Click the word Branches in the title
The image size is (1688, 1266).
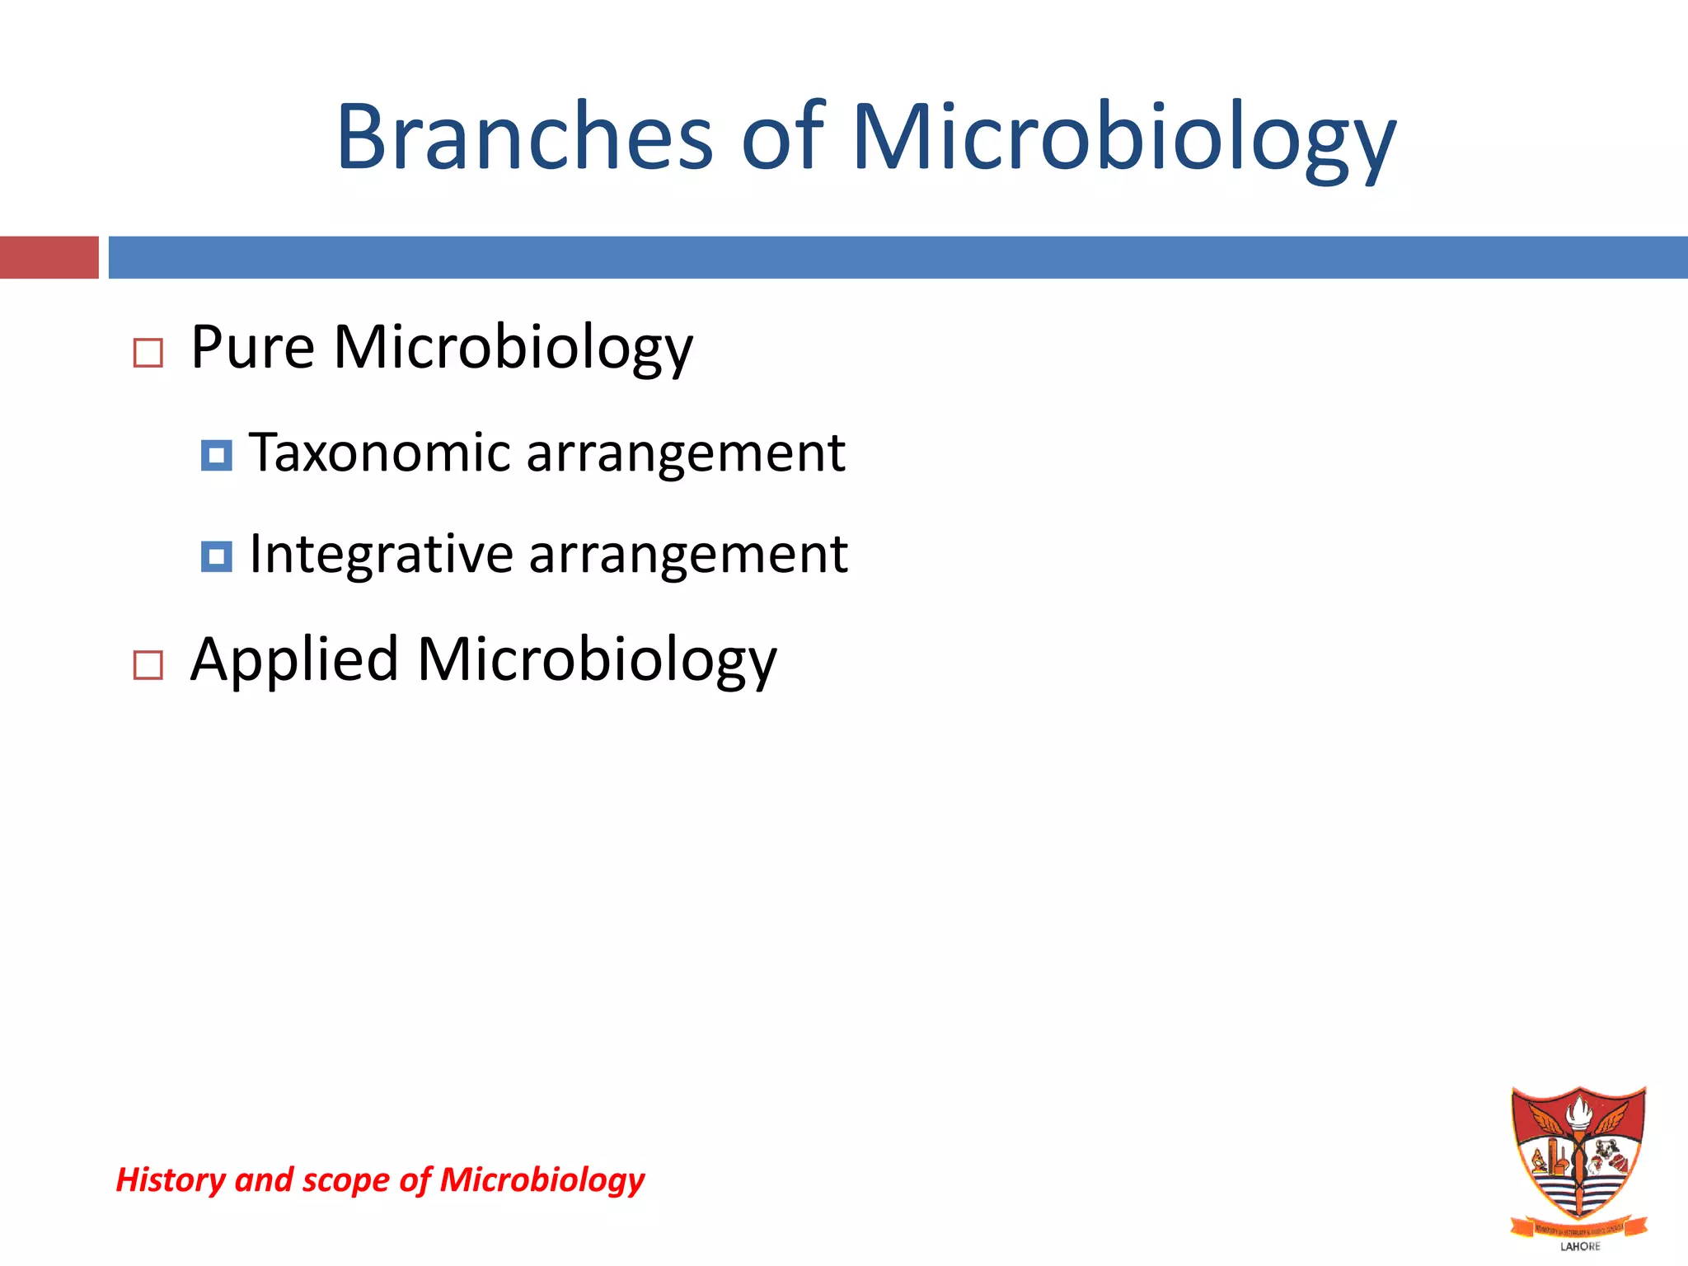[524, 137]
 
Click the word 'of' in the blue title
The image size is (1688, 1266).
[782, 137]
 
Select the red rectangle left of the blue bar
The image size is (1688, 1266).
[49, 257]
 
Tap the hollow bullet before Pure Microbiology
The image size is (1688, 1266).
[148, 353]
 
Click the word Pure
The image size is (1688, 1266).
[252, 347]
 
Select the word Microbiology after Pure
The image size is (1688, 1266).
[513, 347]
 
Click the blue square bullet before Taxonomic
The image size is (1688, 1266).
[216, 455]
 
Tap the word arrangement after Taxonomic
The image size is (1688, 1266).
[686, 452]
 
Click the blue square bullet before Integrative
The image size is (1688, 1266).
[216, 556]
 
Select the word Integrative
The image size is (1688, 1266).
[382, 554]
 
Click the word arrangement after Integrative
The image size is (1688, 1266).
[688, 554]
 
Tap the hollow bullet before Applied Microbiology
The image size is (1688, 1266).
[148, 664]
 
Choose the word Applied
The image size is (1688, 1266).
[294, 659]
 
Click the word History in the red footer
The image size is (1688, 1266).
[170, 1179]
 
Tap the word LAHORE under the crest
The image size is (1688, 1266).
[1580, 1246]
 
